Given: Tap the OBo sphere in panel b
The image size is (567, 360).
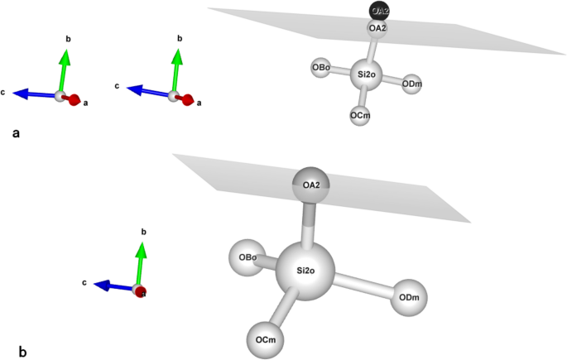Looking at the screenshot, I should tap(247, 257).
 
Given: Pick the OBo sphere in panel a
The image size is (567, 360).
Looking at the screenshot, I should tap(322, 67).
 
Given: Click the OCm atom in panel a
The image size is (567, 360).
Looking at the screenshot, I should tap(360, 115).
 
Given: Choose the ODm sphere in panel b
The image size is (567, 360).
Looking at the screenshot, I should tap(409, 298).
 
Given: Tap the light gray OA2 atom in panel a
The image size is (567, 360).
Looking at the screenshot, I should tap(378, 29).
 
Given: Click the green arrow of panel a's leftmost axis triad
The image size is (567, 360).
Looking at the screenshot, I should tap(65, 70).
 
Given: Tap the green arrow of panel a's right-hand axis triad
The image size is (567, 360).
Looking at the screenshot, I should tap(176, 70).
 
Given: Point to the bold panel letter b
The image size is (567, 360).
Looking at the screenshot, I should tap(22, 351).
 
